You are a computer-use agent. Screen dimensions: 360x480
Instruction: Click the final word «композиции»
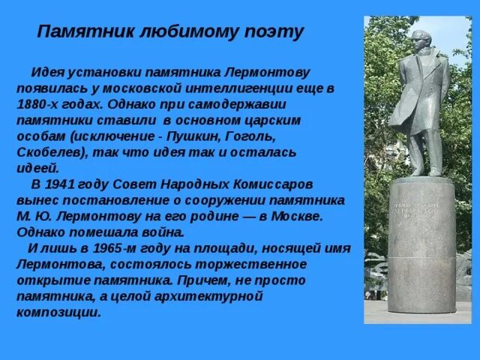pyautogui.click(x=58, y=313)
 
